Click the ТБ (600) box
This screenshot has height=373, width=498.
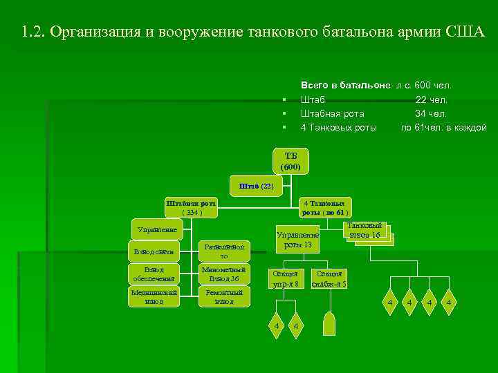(x=290, y=160)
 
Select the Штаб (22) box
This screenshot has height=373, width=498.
(x=256, y=186)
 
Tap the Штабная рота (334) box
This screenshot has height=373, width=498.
(x=190, y=208)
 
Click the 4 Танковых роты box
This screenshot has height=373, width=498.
(x=324, y=208)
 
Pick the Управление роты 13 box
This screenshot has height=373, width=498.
(x=297, y=240)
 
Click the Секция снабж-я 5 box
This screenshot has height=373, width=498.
(x=329, y=278)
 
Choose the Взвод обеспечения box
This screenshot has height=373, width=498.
(x=154, y=274)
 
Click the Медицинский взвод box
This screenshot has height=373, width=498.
(x=154, y=297)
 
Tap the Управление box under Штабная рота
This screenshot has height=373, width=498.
(x=154, y=229)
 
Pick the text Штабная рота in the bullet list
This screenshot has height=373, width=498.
(x=333, y=114)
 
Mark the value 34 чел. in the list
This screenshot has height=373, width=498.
(x=431, y=114)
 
